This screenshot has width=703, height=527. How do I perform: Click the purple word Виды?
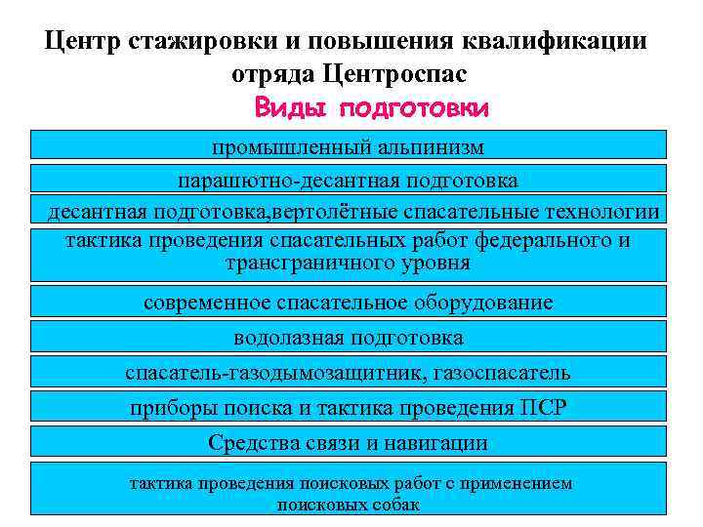tap(292, 107)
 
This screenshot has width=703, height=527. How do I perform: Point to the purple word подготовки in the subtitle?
tap(414, 108)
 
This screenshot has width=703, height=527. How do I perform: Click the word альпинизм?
tap(426, 148)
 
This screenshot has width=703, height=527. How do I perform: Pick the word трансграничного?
tap(308, 263)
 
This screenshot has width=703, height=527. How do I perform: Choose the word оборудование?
tap(475, 303)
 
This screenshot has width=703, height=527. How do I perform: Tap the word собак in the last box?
tap(395, 506)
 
